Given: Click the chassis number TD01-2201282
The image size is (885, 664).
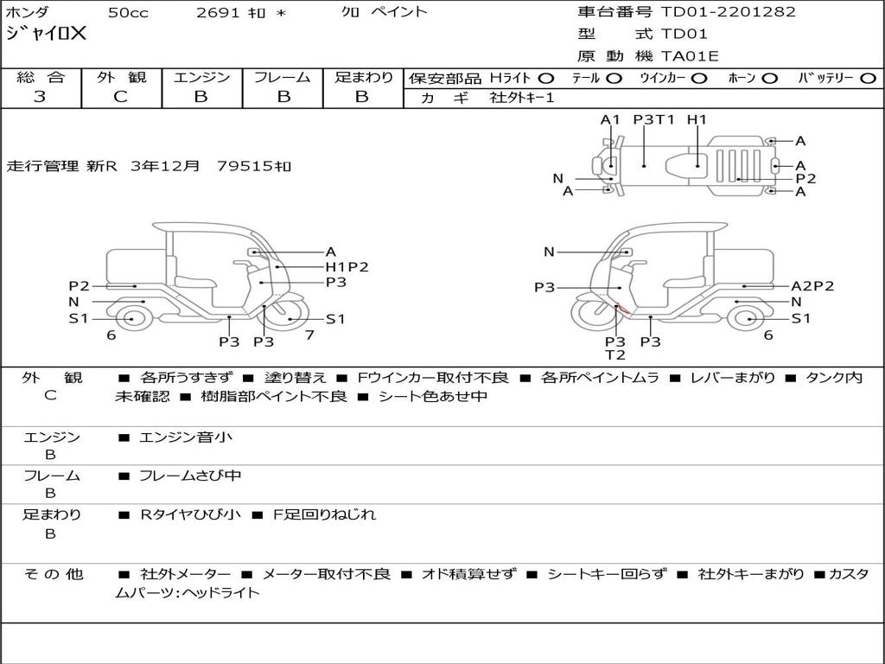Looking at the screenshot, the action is pos(728,12).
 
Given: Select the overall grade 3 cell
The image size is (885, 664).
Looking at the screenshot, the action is pos(40,97).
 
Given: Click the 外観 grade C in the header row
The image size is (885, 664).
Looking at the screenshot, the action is pos(121,97).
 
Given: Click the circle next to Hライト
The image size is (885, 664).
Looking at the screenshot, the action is pos(546,79).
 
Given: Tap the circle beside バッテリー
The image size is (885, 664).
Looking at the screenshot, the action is pos(869,79).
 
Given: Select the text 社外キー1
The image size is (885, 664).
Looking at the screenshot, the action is pos(522,98).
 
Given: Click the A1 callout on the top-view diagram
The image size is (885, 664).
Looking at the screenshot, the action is pos(610,119).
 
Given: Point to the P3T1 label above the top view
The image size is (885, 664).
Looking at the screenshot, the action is pos(653,119).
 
